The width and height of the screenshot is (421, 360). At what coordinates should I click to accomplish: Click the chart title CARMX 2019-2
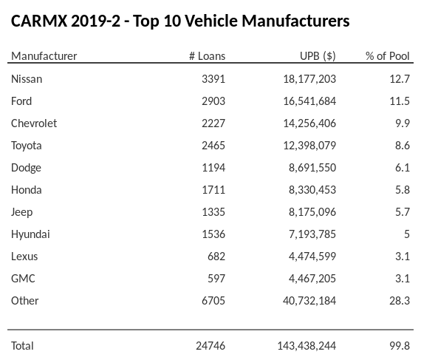point(180,21)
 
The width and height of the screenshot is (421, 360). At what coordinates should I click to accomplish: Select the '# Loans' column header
point(207,56)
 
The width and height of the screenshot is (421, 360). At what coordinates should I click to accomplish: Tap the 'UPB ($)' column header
point(318,56)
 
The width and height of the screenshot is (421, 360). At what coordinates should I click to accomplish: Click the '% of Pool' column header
point(387,56)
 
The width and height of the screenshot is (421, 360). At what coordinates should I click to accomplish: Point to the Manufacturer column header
point(44,56)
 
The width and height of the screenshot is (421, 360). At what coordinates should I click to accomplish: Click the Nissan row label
point(27,78)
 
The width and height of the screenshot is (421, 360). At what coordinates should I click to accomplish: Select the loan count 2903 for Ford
point(212,101)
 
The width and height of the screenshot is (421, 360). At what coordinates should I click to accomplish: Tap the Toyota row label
point(27,145)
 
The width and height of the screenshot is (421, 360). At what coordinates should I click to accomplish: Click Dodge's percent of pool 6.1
point(402,167)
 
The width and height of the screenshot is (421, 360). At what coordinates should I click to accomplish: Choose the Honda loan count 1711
point(213,189)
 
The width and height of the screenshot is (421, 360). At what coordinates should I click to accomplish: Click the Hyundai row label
point(30,234)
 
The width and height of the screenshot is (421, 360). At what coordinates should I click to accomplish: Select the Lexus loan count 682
point(216,256)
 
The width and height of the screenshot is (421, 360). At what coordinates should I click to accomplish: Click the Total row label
point(22,345)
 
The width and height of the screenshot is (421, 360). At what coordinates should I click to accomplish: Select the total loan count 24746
point(210,345)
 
